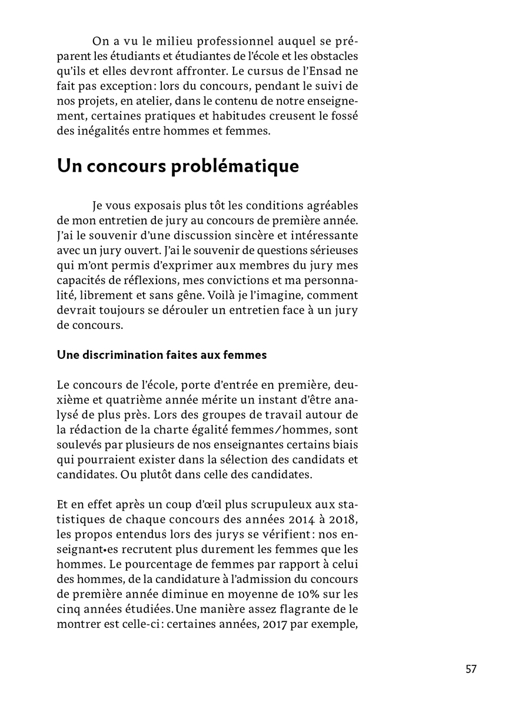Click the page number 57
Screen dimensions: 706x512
point(470,669)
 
